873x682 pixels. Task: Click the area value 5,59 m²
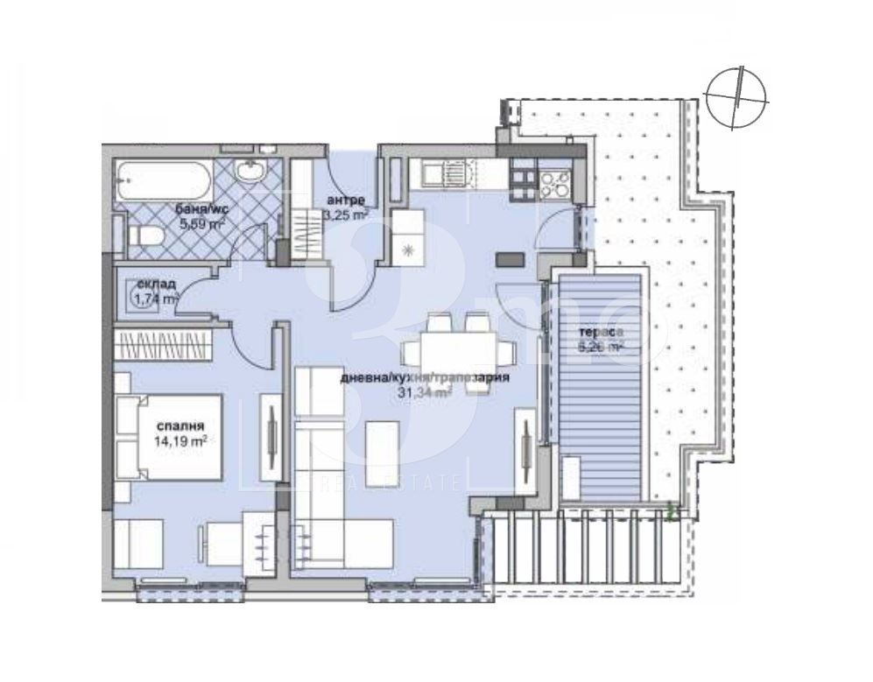[202, 225]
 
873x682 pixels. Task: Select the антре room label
[341, 199]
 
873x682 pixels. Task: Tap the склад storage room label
[156, 284]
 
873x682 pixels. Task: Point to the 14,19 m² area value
[178, 442]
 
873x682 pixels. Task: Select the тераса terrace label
[602, 333]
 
